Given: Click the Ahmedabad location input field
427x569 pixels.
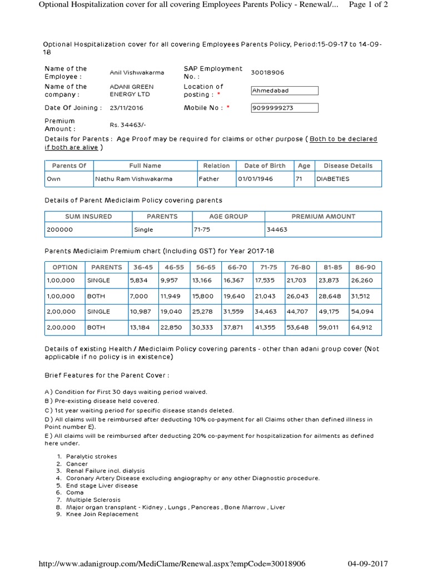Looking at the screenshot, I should click(x=285, y=91).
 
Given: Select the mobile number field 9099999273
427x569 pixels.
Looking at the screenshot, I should click(x=285, y=108).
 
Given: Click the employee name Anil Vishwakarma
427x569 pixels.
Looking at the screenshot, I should click(x=137, y=73).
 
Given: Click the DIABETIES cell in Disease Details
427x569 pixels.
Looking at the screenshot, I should click(x=332, y=179).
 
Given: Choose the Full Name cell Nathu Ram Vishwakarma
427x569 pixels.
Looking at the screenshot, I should click(x=134, y=179).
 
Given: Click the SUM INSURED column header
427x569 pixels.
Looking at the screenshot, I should click(x=88, y=216).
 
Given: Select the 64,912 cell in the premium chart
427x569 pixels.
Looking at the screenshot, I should click(x=363, y=327).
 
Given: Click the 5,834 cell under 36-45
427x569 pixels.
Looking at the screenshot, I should click(x=139, y=281).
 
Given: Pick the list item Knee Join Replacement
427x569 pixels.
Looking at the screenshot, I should click(x=102, y=514).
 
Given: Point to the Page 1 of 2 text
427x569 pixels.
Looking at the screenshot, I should click(x=368, y=4).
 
